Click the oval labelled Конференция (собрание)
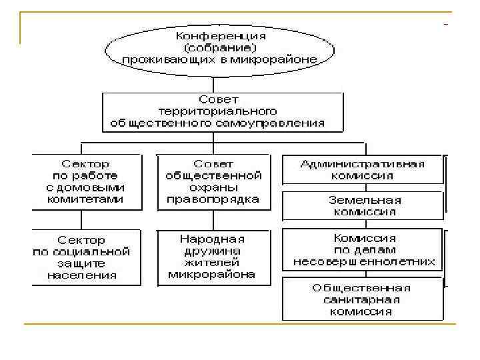pos(213,47)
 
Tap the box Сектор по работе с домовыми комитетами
pos(86,181)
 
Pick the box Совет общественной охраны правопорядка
pos(213,181)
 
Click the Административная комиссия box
pos(363,169)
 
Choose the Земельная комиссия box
pos(363,206)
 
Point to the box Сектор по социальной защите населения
pos(86,257)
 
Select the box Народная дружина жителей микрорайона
pos(213,257)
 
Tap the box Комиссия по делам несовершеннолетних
pos(363,249)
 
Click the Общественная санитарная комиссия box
pos(363,299)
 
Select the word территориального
pos(223,111)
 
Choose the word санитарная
pos(363,299)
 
